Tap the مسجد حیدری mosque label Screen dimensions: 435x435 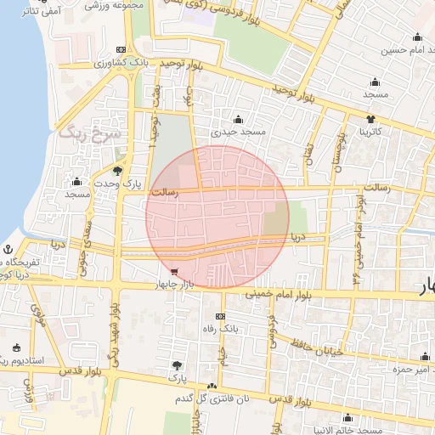240,132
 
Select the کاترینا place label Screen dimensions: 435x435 374,132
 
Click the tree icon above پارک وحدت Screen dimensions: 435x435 117,171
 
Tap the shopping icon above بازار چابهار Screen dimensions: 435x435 174,272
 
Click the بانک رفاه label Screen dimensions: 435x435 218,327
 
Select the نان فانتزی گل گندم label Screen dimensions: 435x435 208,398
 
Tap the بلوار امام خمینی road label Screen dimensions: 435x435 278,295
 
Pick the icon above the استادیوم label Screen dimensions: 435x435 17,347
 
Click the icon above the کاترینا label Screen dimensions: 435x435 371,118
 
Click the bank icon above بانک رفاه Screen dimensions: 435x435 224,314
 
